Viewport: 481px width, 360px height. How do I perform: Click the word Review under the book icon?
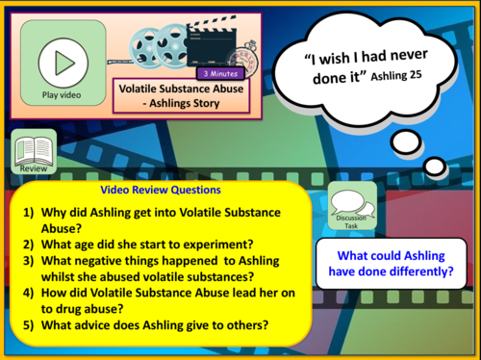pos(33,167)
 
